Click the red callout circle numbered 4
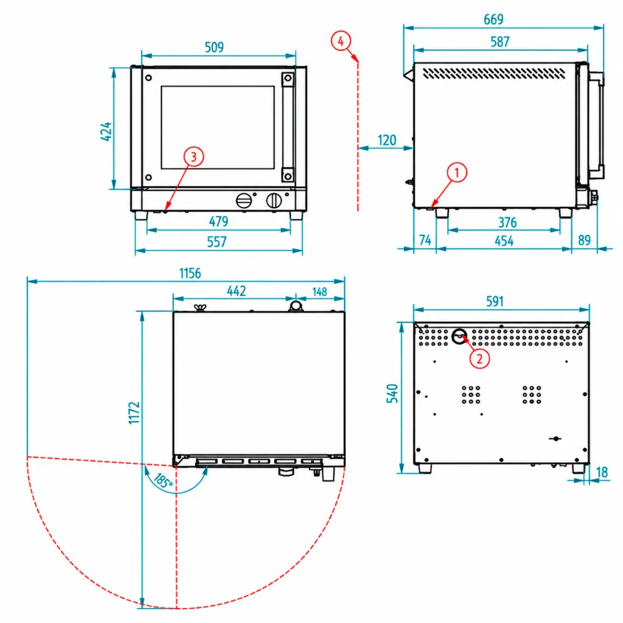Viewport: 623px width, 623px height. pos(341,41)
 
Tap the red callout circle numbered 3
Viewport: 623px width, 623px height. pos(194,156)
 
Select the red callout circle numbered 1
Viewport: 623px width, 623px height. pos(457,173)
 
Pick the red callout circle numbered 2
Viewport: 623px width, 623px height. pos(480,359)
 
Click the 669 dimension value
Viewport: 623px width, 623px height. pos(493,19)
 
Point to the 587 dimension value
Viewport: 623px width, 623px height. pos(500,41)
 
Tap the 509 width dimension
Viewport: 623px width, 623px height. pos(214,47)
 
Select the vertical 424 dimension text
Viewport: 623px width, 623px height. pos(106,131)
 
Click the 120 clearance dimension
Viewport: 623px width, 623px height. pos(387,140)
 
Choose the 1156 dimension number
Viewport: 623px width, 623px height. pos(190,273)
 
